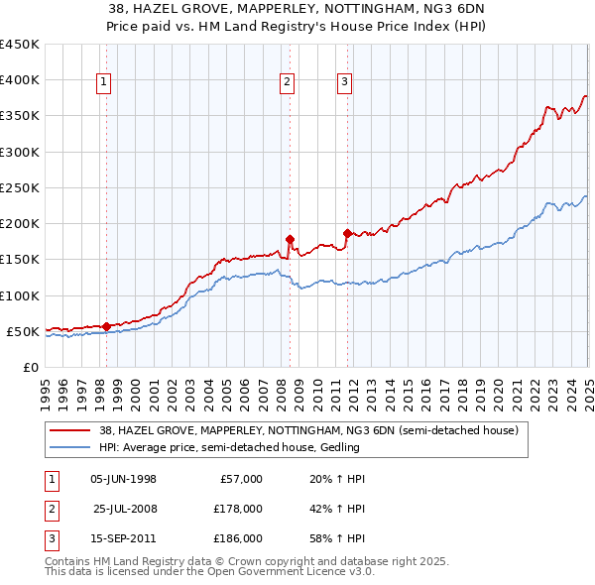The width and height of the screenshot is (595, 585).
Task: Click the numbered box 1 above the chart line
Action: tap(104, 83)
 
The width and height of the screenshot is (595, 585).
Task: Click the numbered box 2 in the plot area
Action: tap(287, 83)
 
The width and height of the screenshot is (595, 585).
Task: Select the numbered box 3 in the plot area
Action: tap(344, 83)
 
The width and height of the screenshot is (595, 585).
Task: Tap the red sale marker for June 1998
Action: tap(106, 326)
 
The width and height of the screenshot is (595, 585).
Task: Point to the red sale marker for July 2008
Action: tap(290, 239)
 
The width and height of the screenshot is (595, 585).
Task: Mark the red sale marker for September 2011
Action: tap(347, 233)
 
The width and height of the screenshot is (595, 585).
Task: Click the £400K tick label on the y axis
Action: tap(20, 80)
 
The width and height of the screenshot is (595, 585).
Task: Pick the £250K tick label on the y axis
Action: tap(20, 187)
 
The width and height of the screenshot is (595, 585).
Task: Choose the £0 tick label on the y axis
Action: tap(30, 367)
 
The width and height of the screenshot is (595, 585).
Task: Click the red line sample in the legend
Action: tap(69, 431)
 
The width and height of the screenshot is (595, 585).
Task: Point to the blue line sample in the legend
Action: tap(69, 447)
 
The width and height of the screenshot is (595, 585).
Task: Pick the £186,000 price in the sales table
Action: tap(238, 539)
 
